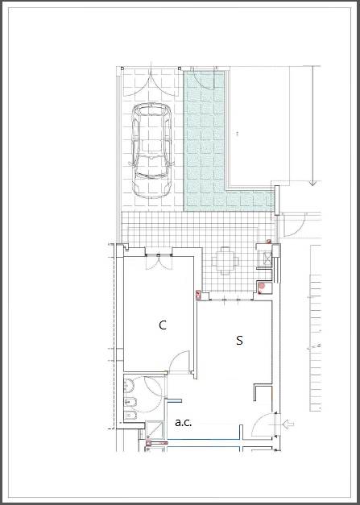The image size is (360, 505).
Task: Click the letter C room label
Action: click(x=163, y=325)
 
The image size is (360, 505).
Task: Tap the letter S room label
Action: click(x=239, y=341)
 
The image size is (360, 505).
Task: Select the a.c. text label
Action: click(x=183, y=423)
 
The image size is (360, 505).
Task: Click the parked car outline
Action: click(x=151, y=150)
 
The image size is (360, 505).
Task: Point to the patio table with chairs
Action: click(x=226, y=261)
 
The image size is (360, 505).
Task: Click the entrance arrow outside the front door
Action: click(x=288, y=424)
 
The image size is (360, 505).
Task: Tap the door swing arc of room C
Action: click(x=179, y=361)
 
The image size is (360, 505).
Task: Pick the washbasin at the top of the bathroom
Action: click(x=129, y=384)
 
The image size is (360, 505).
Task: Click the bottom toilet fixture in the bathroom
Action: click(x=130, y=416)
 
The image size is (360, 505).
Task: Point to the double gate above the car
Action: click(x=151, y=85)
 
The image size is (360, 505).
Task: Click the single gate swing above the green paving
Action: click(x=204, y=79)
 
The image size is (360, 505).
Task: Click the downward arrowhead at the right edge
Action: click(x=312, y=184)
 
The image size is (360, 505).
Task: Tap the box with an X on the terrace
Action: click(x=267, y=257)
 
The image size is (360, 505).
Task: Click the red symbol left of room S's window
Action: click(x=198, y=294)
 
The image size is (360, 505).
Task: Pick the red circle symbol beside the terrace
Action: click(x=262, y=285)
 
